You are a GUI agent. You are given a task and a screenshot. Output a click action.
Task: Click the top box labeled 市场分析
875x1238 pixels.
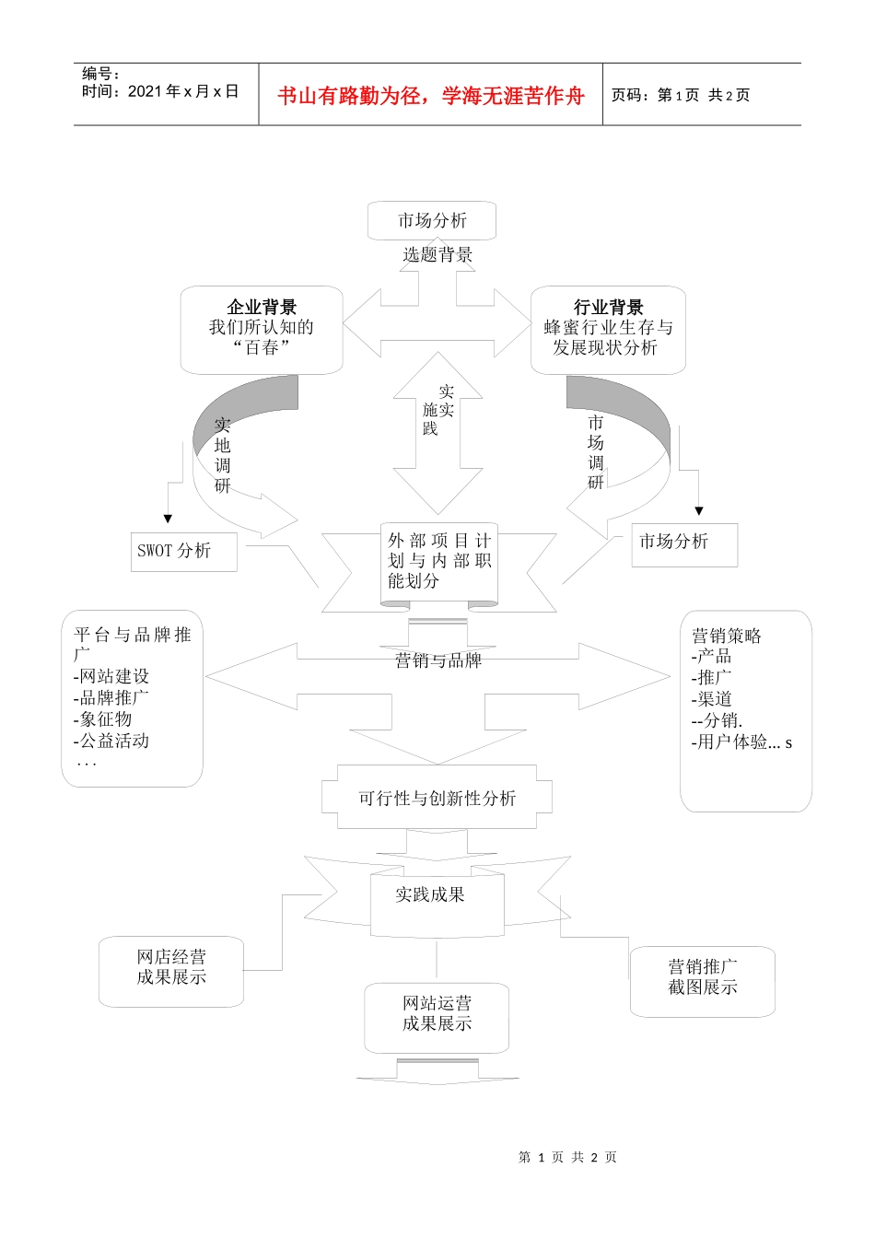coord(432,220)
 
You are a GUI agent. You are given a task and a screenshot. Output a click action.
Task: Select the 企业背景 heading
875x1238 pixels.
coord(262,307)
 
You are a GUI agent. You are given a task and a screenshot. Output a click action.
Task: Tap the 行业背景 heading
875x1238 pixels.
coord(608,307)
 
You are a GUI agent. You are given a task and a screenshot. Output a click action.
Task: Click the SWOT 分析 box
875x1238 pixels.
coord(183,551)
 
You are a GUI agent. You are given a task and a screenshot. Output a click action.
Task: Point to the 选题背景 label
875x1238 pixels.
coord(437,255)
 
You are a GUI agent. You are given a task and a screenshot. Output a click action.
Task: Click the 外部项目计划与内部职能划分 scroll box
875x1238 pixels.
coord(438,561)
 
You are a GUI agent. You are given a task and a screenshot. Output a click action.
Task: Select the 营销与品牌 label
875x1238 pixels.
coord(438,660)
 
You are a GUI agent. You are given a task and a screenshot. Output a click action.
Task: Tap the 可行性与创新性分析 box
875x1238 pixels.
coord(437,798)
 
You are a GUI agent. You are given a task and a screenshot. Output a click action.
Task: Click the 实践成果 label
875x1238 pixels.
coord(430,894)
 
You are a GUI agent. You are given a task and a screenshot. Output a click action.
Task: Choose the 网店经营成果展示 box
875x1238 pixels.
coord(171,968)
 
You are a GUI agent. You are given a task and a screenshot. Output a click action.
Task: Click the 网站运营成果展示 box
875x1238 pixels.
coord(437,1013)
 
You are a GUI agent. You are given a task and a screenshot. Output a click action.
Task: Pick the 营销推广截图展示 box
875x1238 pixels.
coord(703,977)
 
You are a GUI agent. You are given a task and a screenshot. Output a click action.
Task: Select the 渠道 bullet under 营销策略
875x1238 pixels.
coord(713,699)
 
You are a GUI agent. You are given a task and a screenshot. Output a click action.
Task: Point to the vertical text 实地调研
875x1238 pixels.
coord(222,455)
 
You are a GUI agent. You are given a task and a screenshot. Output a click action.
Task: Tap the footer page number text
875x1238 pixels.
coord(567,1157)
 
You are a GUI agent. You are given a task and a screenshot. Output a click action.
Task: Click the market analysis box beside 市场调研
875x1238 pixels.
coord(683,543)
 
